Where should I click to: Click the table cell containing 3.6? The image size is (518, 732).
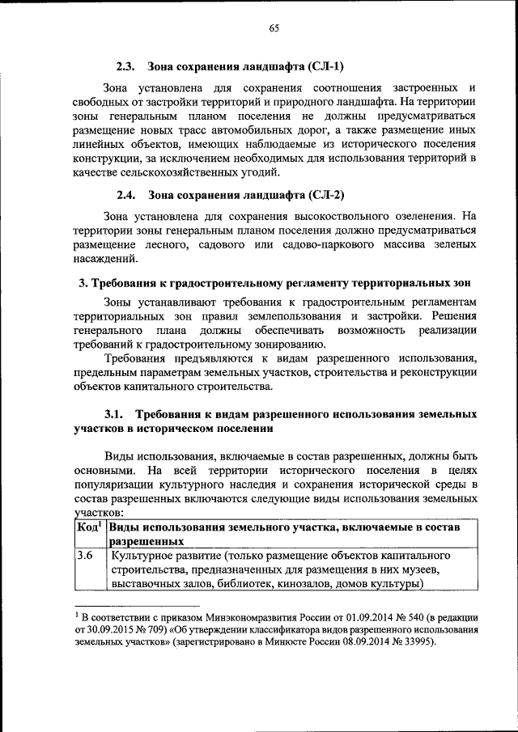pos(85,556)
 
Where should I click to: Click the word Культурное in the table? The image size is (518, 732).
pos(142,556)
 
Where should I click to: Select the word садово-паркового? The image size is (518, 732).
pos(282,243)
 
